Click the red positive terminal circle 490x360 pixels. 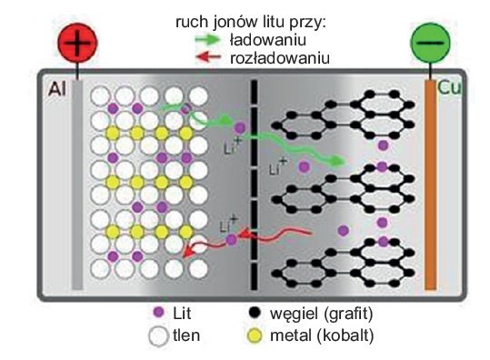78,43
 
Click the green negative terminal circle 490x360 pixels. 430,43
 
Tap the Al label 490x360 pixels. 57,89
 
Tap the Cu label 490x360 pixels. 449,87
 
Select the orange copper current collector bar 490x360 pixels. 430,185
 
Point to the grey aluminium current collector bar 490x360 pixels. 77,185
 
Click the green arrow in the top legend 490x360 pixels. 207,39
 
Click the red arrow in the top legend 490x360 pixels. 208,57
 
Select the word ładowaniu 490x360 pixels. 268,40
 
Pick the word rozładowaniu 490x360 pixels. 280,58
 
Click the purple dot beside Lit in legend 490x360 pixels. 159,312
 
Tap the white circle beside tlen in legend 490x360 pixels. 158,336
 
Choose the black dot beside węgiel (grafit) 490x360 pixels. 255,312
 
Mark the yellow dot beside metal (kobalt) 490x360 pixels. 255,336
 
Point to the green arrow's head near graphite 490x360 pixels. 339,161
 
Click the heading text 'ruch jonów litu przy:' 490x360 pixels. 251,23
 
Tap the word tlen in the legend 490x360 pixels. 186,335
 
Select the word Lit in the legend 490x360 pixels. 182,313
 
